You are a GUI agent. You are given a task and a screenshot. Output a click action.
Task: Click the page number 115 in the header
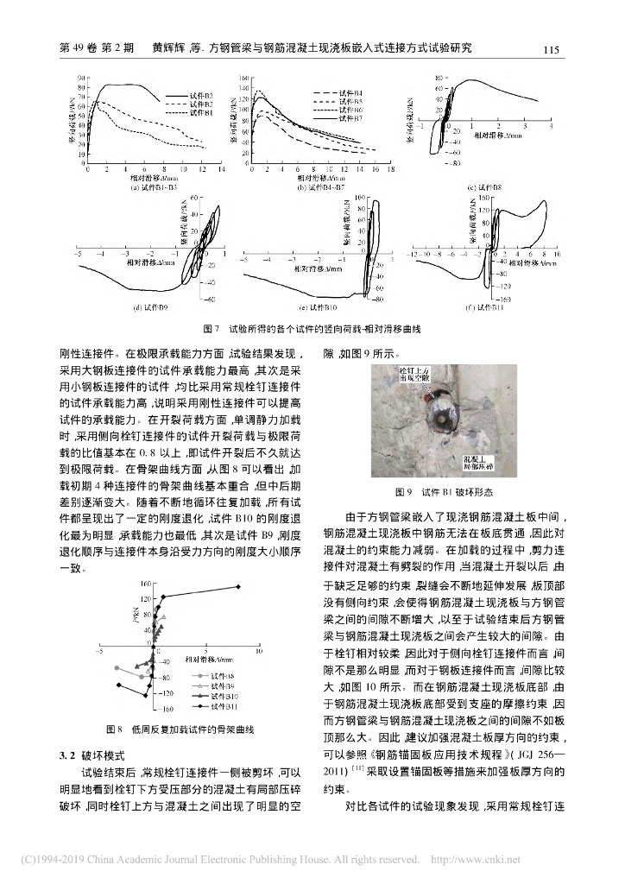[553, 49]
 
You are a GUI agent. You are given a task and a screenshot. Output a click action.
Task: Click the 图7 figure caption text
[312, 330]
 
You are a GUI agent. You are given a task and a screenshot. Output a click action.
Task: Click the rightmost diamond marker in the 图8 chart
[239, 587]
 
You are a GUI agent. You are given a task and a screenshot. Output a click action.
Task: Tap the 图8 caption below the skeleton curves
[180, 729]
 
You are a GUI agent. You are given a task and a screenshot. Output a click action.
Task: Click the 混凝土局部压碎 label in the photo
[477, 456]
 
